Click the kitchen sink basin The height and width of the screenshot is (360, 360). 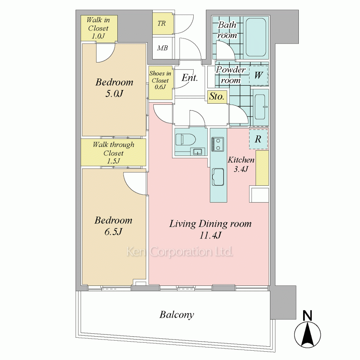click(x=218, y=177)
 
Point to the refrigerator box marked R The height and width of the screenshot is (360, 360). click(x=258, y=139)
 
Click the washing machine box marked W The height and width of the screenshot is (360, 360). click(x=258, y=75)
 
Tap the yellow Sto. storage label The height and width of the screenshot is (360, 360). click(x=217, y=96)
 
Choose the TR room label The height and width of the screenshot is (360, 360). click(x=162, y=23)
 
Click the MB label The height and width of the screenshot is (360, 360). click(x=162, y=48)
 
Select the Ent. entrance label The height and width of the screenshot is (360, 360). click(x=190, y=78)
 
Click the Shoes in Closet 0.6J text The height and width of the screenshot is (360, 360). click(x=160, y=80)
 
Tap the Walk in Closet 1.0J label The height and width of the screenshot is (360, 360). click(x=98, y=28)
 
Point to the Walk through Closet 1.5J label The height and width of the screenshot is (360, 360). click(x=113, y=153)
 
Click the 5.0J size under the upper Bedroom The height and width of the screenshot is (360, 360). click(x=114, y=94)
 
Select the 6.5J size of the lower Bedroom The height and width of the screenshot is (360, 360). click(x=113, y=231)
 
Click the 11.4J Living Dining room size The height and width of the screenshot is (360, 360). click(x=210, y=235)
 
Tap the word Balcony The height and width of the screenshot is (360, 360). click(x=177, y=315)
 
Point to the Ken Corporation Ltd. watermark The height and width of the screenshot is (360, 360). click(x=180, y=252)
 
